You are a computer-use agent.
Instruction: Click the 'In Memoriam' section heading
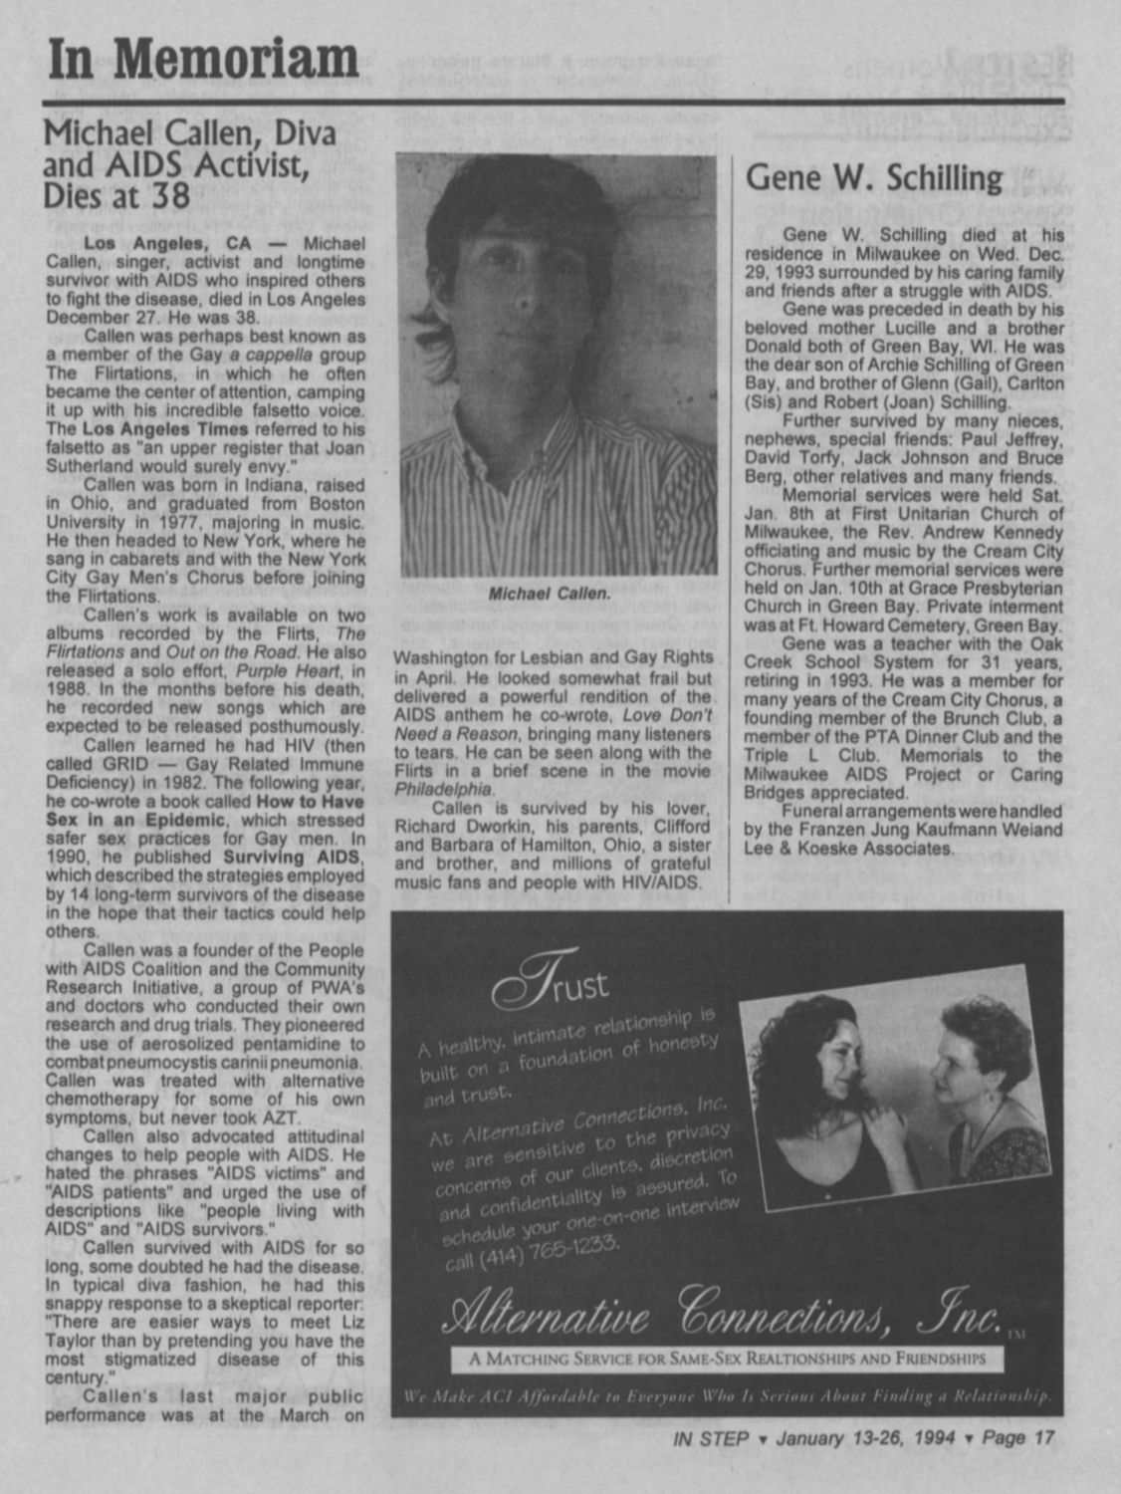click(x=203, y=60)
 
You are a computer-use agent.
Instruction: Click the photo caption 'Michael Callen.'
click(x=549, y=594)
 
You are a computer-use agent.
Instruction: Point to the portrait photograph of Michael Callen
click(x=557, y=365)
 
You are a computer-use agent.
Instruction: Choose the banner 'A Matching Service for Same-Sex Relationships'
click(x=727, y=1359)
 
